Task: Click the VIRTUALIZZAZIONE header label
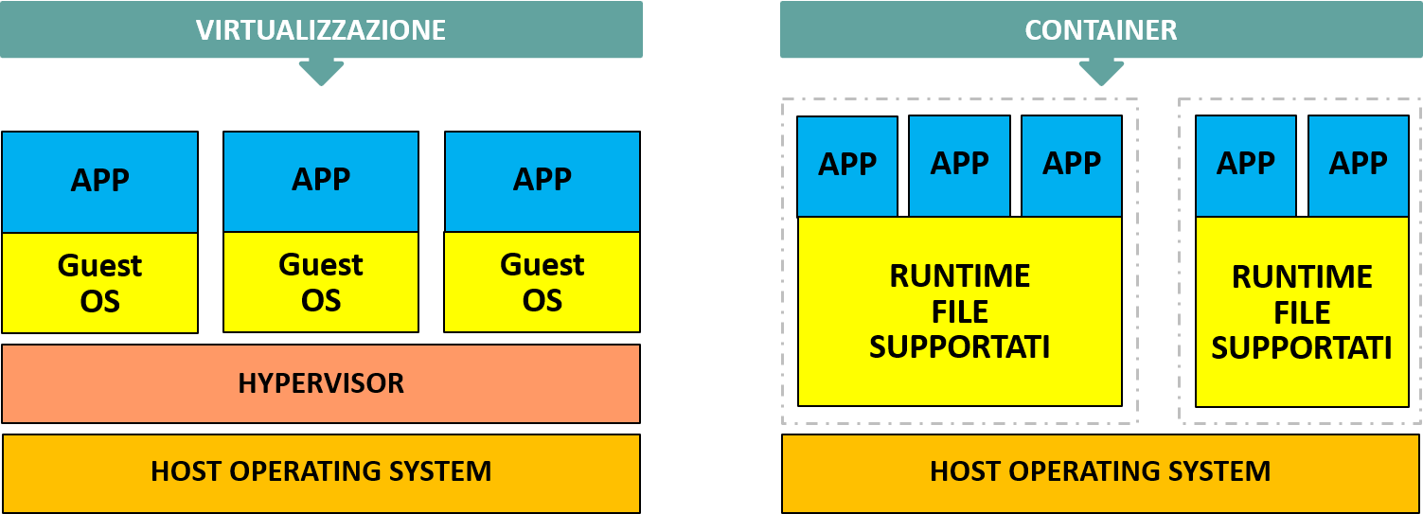point(321,30)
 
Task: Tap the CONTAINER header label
point(1101,30)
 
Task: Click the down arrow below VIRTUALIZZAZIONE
point(321,72)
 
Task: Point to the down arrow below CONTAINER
point(1101,72)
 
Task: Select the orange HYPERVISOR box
point(321,383)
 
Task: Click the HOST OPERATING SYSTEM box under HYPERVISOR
point(321,471)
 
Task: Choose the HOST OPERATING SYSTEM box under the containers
point(1101,471)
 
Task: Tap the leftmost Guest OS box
point(99,282)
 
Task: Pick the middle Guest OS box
point(321,282)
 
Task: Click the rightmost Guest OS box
point(543,282)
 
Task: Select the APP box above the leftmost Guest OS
point(99,181)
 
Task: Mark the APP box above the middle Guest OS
point(321,181)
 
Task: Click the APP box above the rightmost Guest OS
point(543,181)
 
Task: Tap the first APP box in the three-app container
point(847,166)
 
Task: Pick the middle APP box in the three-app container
point(960,166)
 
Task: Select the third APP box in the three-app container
point(1072,166)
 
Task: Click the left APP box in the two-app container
point(1246,166)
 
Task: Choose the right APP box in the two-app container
point(1359,166)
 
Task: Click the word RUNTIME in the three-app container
point(960,276)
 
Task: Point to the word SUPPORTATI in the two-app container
point(1302,348)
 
